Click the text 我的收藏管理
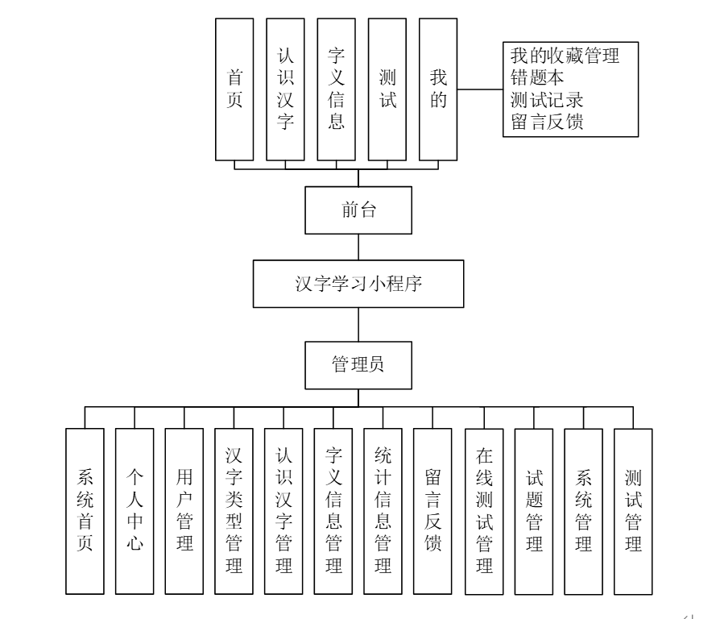click(x=565, y=56)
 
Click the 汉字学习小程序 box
click(x=358, y=284)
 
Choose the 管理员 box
click(x=358, y=364)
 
